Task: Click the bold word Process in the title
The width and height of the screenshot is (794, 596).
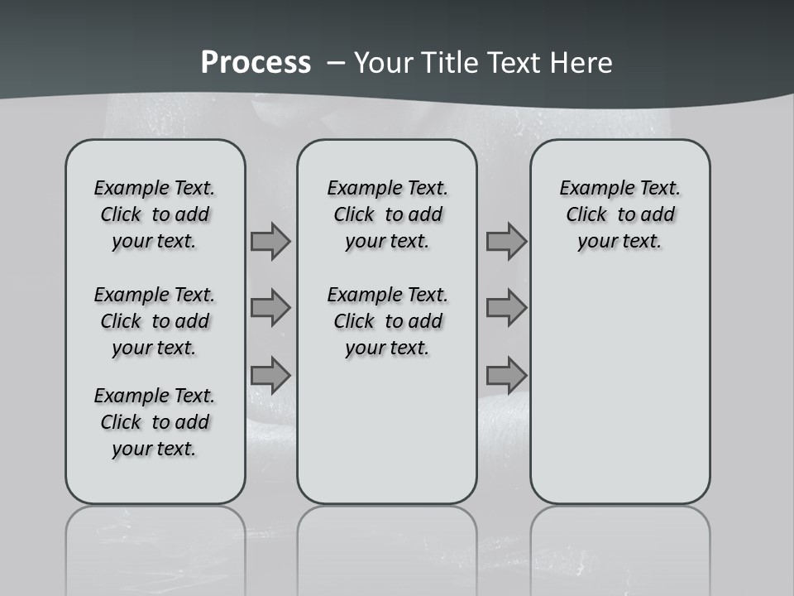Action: pos(256,63)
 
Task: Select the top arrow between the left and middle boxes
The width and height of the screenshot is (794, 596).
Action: pos(270,241)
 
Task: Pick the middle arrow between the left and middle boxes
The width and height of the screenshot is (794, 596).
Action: pos(270,308)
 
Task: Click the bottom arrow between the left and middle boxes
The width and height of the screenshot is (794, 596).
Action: pos(270,375)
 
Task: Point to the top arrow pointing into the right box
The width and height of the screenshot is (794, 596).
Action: pos(506,241)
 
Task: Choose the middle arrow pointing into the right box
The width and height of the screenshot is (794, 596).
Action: pos(506,308)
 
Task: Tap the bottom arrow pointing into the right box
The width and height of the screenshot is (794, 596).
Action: pos(506,375)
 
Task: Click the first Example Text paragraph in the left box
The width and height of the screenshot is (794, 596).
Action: pos(155,214)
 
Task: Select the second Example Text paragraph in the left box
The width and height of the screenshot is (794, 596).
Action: pos(155,321)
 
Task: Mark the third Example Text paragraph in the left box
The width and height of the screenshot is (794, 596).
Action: pos(155,422)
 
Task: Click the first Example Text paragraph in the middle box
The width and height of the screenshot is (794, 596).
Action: pos(388,214)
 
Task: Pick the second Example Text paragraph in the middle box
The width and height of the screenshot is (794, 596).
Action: pos(388,321)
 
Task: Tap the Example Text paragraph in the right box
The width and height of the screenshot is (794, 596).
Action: pos(620,214)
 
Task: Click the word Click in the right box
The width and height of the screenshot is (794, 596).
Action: pos(586,214)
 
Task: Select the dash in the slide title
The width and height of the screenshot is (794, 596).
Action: pos(337,63)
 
